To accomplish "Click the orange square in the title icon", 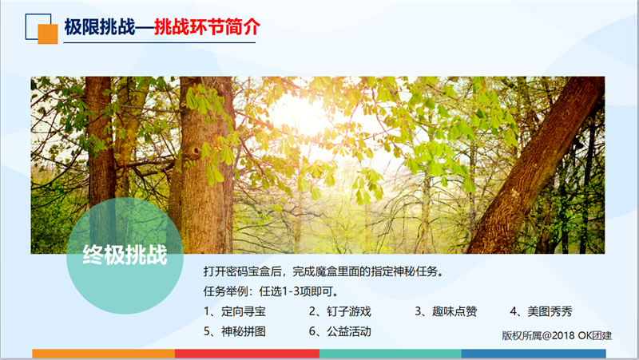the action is coord(48,34).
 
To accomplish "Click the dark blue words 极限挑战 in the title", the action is coord(99,27).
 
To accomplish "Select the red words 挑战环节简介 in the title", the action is coord(207,27).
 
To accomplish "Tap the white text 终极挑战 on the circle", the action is coord(125,255).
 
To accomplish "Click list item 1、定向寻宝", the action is coord(235,311).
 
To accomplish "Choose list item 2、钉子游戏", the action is coord(340,311).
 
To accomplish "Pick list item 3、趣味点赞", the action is coord(446,311).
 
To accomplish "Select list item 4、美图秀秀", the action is coord(541,311).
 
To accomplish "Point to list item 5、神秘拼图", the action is coord(235,331).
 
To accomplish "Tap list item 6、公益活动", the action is coord(340,331).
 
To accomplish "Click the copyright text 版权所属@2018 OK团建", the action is coord(557,335).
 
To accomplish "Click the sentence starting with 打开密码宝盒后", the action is coord(323,271).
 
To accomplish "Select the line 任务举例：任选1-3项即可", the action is coord(272,291).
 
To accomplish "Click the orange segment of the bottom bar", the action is coord(104,354).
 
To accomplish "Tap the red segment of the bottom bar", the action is coord(247,354).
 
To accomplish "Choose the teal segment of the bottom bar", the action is coord(391,354).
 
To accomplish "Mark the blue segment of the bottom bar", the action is coord(534,354).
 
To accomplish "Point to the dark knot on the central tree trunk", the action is coord(195,152).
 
